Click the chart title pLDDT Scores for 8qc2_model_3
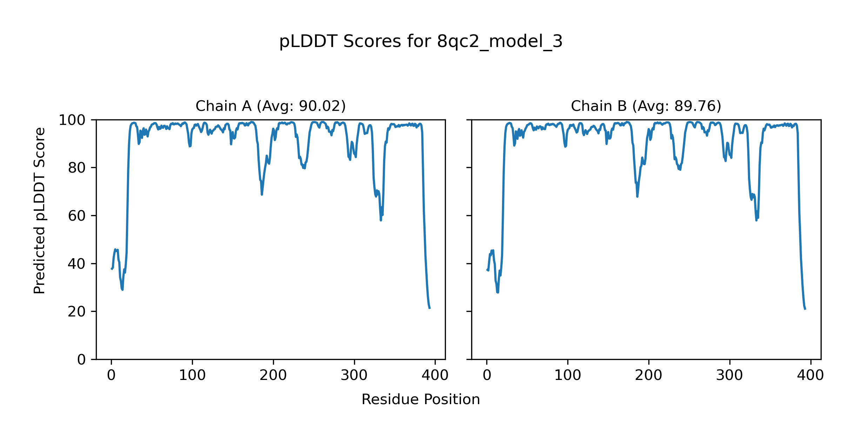[x=421, y=42]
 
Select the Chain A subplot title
[x=270, y=106]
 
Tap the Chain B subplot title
[x=646, y=106]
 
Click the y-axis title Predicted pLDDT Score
[x=39, y=210]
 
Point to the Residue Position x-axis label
[x=421, y=399]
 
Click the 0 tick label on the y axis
[x=81, y=360]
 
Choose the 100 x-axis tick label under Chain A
[x=192, y=375]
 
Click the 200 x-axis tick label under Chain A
[x=273, y=375]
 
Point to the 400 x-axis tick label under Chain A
[x=435, y=375]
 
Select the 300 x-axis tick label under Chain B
[x=730, y=375]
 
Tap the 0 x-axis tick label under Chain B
[x=487, y=375]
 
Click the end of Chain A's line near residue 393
[x=430, y=308]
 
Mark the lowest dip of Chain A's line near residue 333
[x=381, y=220]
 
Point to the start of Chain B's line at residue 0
[x=487, y=269]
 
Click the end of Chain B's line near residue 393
[x=805, y=309]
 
